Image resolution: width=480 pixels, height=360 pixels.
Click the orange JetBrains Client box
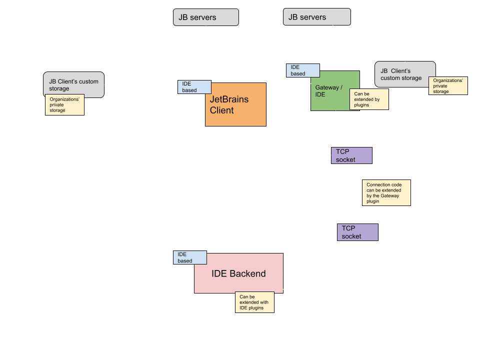pos(235,104)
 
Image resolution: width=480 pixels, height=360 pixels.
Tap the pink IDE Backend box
pos(238,273)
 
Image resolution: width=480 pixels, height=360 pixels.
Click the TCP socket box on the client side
pos(351,155)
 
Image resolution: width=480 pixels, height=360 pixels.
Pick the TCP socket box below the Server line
pos(357,232)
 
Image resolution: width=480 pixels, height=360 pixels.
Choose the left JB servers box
pos(205,17)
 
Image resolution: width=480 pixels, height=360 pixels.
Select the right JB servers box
pos(316,17)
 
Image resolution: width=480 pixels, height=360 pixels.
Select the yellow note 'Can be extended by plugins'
pos(369,99)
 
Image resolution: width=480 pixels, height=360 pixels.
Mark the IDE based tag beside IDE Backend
pos(189,257)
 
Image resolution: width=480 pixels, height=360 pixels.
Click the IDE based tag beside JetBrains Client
pos(194,87)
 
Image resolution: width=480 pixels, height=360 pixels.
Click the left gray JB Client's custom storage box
pos(73,84)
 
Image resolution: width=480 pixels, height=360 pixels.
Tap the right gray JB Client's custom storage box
pos(405,74)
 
